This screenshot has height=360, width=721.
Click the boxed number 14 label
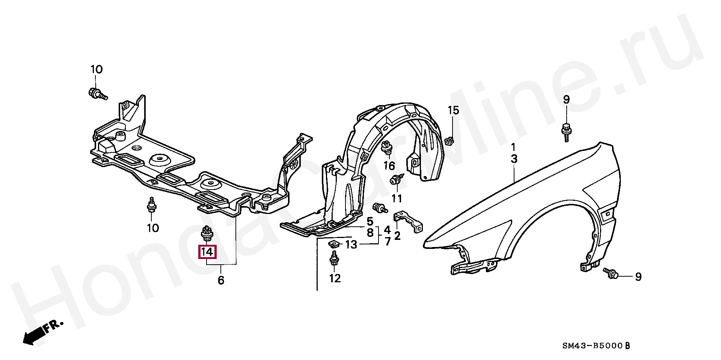(x=207, y=251)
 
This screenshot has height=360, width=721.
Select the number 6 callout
(x=221, y=280)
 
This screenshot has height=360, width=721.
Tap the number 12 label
(x=335, y=278)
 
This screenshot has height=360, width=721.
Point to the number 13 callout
(x=351, y=245)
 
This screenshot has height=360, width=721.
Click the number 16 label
(x=389, y=165)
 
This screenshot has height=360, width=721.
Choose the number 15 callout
(x=453, y=110)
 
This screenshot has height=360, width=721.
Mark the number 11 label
(x=397, y=198)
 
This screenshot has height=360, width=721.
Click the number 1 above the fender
(x=513, y=147)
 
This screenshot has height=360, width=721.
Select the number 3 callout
(x=514, y=159)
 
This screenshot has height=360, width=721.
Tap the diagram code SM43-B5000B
(x=596, y=346)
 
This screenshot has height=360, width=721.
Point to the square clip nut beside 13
(x=333, y=244)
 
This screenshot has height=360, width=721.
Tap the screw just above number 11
(x=396, y=180)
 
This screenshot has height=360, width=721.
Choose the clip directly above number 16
(x=386, y=148)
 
